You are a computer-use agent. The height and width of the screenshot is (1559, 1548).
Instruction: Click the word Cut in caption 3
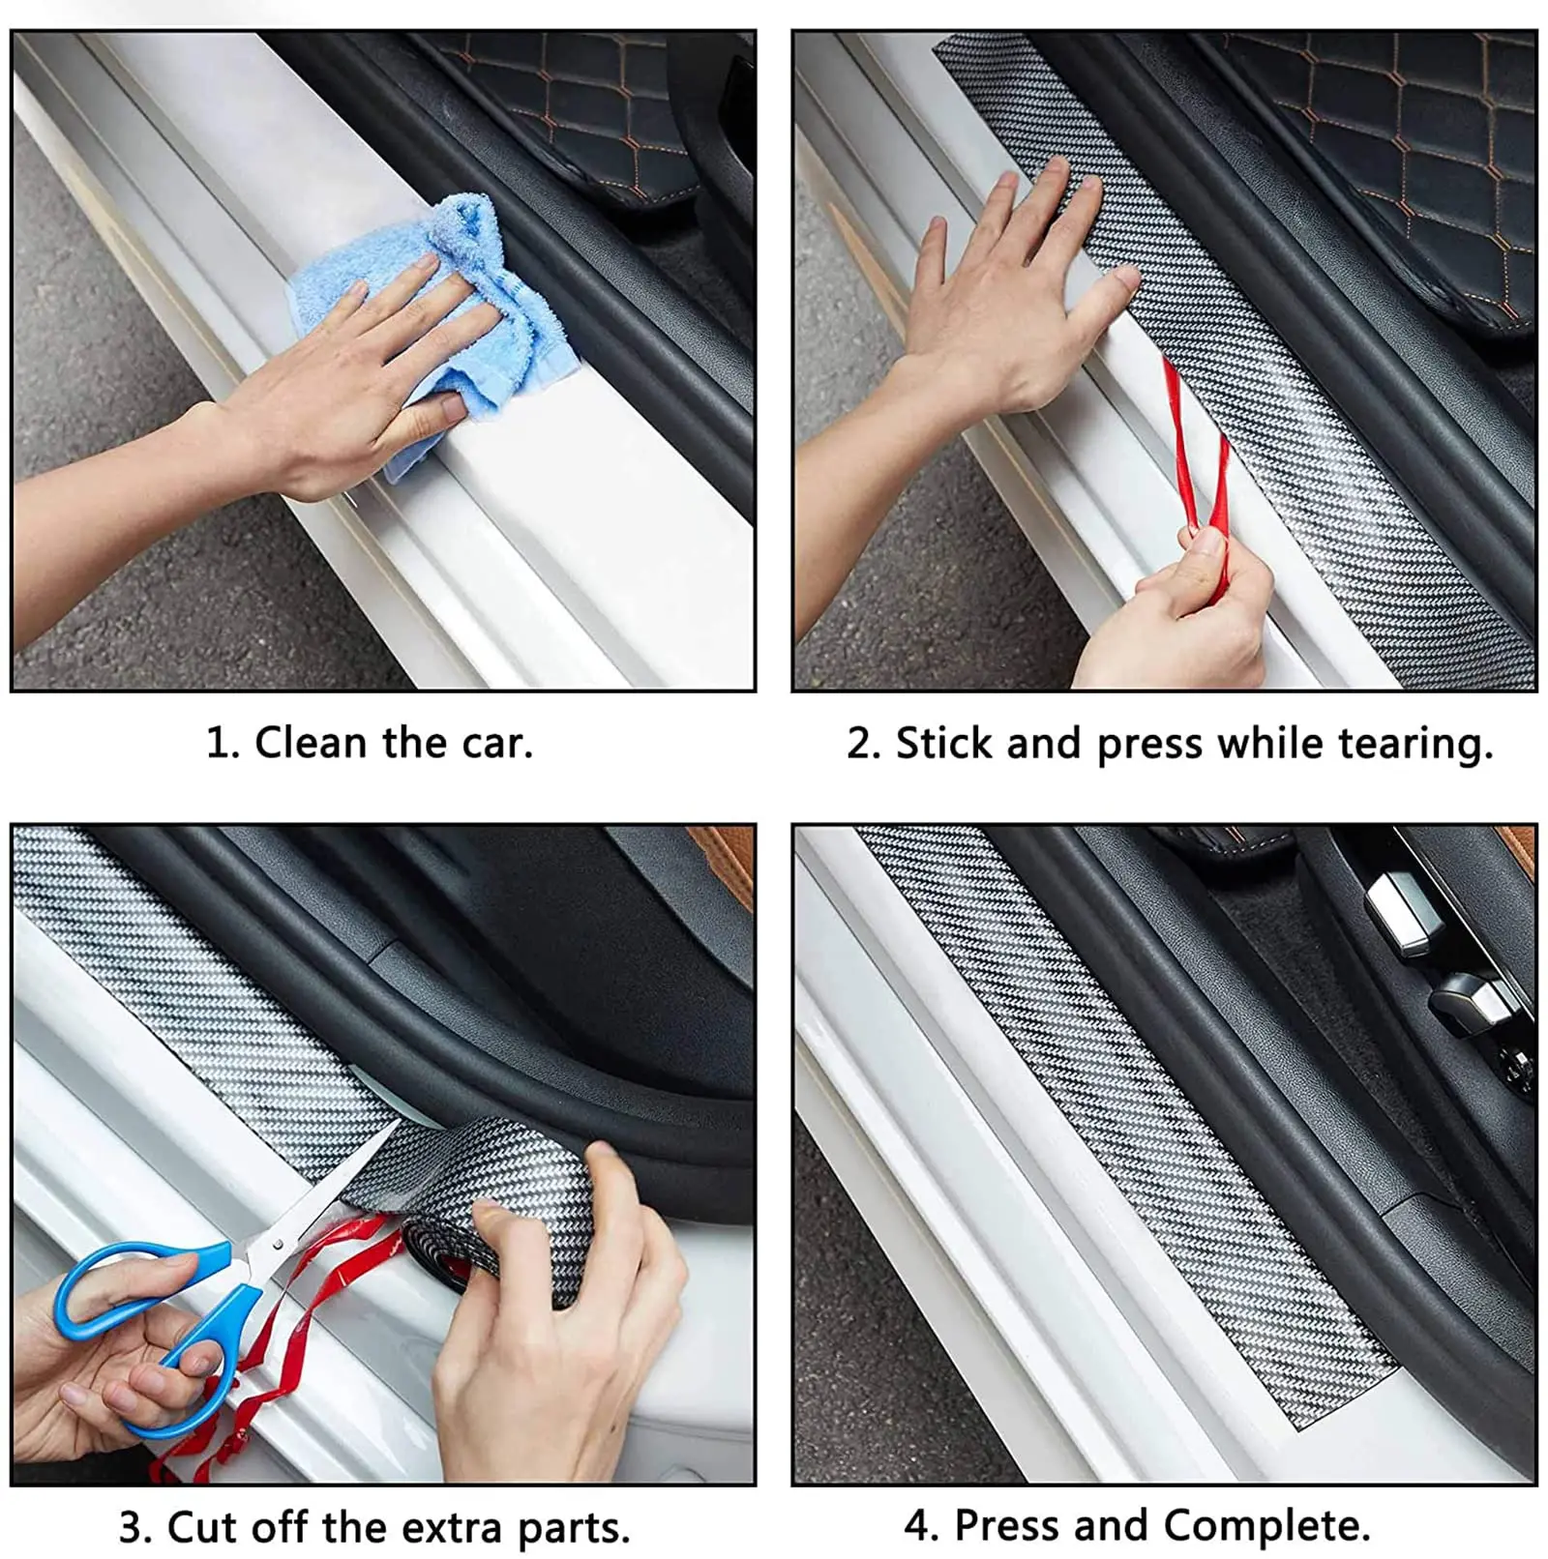click(x=201, y=1527)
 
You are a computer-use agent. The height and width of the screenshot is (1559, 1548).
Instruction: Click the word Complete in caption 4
click(x=1266, y=1526)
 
